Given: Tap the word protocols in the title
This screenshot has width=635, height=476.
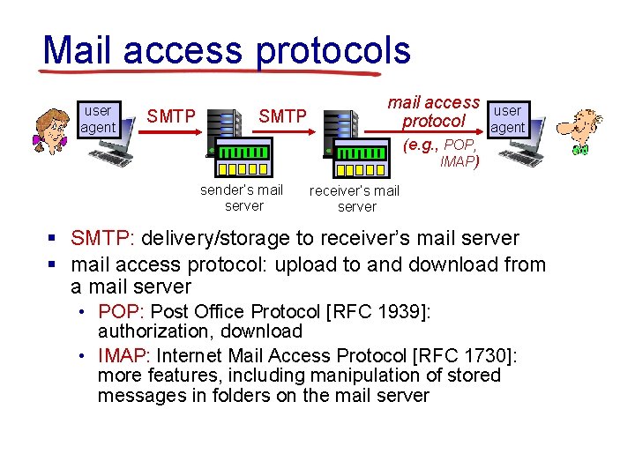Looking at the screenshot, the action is click(x=333, y=52).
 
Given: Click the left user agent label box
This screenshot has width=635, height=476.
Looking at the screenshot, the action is click(x=97, y=119).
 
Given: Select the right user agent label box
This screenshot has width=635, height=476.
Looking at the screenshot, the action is click(x=507, y=119).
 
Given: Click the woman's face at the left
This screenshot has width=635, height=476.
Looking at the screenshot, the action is click(x=50, y=130).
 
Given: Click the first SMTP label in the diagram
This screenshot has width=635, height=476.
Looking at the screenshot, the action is click(x=171, y=115).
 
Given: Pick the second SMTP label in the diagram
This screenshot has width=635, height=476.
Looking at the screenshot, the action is click(x=282, y=115).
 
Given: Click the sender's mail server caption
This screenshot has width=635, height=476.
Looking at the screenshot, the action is click(x=243, y=197).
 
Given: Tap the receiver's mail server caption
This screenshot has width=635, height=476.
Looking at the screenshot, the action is click(x=355, y=198).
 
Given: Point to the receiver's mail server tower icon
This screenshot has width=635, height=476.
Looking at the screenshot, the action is click(x=341, y=132).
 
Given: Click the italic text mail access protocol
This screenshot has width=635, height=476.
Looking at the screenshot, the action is click(x=433, y=112).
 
